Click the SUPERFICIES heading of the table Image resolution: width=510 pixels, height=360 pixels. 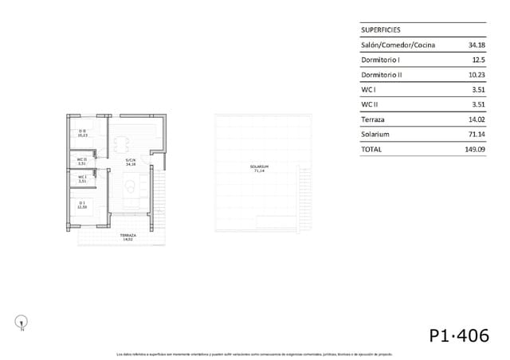tap(381, 29)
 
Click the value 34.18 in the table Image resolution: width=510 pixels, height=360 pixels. tap(477, 45)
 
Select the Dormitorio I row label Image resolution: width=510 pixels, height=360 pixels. tap(380, 60)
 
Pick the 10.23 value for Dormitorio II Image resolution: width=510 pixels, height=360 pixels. tap(477, 75)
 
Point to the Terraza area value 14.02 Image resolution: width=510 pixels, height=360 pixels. tap(477, 119)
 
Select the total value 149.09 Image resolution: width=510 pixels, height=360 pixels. tap(476, 149)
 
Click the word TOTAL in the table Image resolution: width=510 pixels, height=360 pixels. tap(371, 149)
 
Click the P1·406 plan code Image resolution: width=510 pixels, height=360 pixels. tap(458, 335)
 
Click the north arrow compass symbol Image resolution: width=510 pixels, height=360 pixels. tap(22, 322)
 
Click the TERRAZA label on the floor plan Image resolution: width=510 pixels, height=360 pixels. tap(127, 237)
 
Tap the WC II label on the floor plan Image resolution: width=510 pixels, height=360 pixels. tap(81, 161)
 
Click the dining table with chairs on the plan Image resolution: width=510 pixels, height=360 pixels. tap(123, 144)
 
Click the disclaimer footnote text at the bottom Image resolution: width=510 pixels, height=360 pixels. tap(255, 353)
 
